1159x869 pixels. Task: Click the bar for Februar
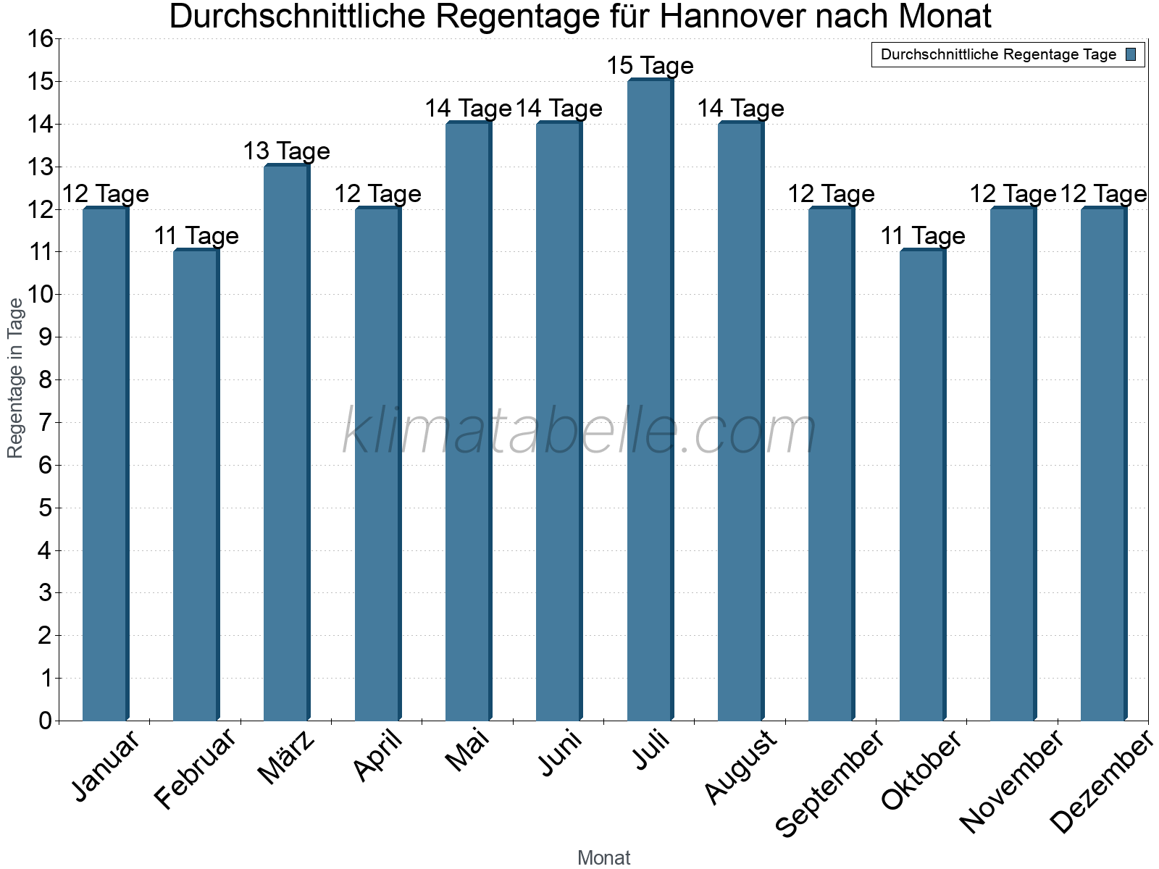click(x=196, y=485)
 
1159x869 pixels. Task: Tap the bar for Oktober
click(x=922, y=485)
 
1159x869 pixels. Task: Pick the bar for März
click(x=287, y=442)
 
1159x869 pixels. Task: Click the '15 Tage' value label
click(x=650, y=66)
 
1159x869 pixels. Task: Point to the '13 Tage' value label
click(x=287, y=151)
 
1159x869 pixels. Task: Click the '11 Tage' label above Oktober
click(x=922, y=236)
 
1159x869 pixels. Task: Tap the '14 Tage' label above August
click(x=740, y=109)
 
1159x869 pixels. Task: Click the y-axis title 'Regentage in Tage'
click(x=16, y=378)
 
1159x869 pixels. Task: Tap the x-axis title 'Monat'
click(x=603, y=858)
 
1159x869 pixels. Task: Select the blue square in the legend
click(x=1131, y=54)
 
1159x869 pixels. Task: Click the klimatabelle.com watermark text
click(x=579, y=432)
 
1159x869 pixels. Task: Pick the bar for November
click(x=1013, y=463)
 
